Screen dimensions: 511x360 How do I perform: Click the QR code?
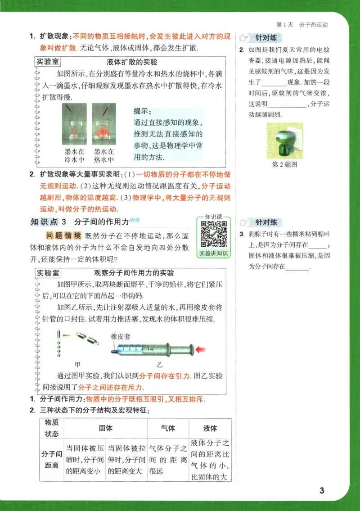[213, 233]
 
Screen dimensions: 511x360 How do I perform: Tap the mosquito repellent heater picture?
[285, 141]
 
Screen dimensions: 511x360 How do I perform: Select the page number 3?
[321, 490]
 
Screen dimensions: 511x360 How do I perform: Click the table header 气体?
[168, 428]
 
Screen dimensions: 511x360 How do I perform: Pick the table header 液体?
[210, 428]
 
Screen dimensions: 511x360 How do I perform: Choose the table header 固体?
[105, 428]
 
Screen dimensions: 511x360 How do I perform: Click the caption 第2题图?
[285, 165]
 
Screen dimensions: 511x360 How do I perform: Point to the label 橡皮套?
[120, 337]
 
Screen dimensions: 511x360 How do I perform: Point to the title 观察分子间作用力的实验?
[134, 273]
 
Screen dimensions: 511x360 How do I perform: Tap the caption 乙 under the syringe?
[159, 364]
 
